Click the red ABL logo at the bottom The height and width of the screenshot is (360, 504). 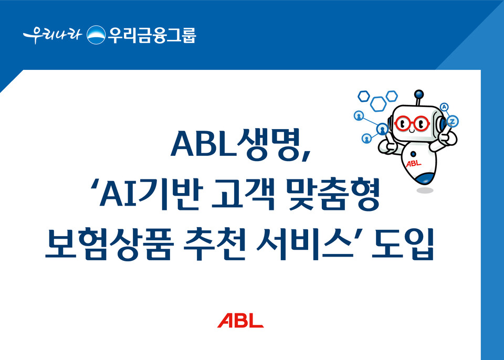(240, 321)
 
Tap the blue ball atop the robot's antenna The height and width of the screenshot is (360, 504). (418, 95)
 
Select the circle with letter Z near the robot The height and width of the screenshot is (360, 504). (453, 122)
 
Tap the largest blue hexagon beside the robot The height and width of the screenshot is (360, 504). (378, 103)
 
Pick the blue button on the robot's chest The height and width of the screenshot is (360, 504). (413, 154)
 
